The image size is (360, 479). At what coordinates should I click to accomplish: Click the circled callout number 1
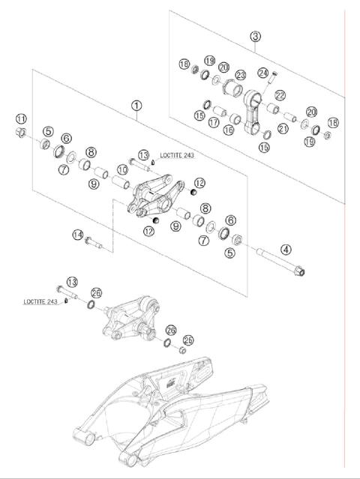click(x=136, y=106)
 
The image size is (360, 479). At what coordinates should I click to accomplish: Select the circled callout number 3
click(x=255, y=36)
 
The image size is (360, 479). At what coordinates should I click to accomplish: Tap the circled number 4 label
click(x=286, y=250)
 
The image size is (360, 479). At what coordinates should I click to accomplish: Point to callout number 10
click(x=122, y=169)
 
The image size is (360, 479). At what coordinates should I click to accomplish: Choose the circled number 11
click(x=21, y=118)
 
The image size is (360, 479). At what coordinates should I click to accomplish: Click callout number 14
click(x=78, y=235)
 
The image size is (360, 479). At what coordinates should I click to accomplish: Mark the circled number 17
click(x=214, y=122)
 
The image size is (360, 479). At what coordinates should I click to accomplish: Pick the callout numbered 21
click(x=283, y=128)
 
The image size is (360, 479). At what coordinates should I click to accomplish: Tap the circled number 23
click(x=241, y=75)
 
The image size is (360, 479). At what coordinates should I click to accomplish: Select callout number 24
click(x=262, y=73)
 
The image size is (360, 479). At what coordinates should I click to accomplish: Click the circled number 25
click(x=188, y=340)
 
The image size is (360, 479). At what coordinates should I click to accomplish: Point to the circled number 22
click(x=280, y=95)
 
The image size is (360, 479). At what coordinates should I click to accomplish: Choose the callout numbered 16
click(x=228, y=130)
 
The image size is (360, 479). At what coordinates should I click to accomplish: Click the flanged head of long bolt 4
click(x=300, y=271)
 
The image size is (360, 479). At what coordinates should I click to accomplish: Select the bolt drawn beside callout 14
click(x=94, y=243)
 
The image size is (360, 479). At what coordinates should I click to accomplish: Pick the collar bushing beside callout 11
click(x=20, y=133)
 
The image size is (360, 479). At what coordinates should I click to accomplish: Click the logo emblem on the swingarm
click(x=171, y=383)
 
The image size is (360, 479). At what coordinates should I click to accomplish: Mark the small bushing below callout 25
click(x=182, y=350)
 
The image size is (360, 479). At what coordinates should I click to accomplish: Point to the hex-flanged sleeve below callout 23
click(x=232, y=88)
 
